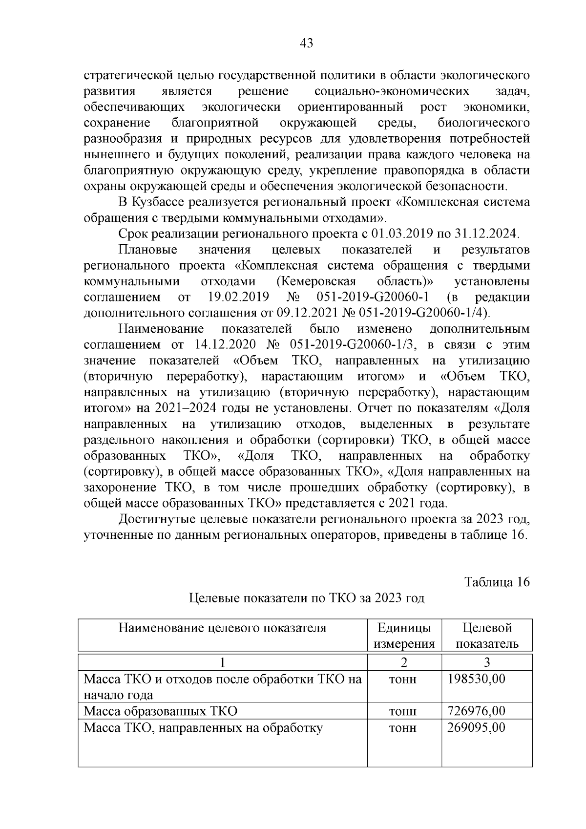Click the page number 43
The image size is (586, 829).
click(x=306, y=43)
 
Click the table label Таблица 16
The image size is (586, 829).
click(x=497, y=582)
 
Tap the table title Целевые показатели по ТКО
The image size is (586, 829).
click(x=306, y=598)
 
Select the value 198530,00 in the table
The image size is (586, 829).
click(x=476, y=679)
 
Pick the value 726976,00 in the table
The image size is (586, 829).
click(x=476, y=711)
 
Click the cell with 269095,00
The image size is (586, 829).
click(x=476, y=727)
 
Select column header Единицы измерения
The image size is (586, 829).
click(x=404, y=636)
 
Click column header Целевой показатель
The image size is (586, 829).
click(x=487, y=636)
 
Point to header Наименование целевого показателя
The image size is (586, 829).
click(x=222, y=628)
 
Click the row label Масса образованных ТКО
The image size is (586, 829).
click(x=161, y=711)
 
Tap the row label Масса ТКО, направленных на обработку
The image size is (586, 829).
click(x=203, y=727)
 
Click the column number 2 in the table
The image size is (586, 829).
click(x=404, y=662)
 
